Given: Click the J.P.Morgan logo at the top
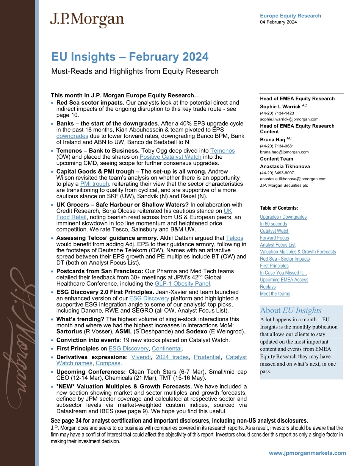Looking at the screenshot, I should click(87, 20).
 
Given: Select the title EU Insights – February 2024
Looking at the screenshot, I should click(130, 57).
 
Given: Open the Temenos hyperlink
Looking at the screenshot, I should click(222, 151).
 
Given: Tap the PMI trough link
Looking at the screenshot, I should click(94, 184).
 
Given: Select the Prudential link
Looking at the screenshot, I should click(207, 357).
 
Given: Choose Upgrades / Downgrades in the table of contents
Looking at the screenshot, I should click(283, 217).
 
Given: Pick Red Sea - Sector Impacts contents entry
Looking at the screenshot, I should click(285, 259).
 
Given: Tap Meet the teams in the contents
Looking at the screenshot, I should click(275, 294).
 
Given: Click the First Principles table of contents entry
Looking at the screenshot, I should click(274, 266).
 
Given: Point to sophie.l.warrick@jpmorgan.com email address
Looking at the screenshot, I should click(289, 119).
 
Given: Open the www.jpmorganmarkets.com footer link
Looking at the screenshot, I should click(307, 453).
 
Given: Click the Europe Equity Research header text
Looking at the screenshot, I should click(290, 16).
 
